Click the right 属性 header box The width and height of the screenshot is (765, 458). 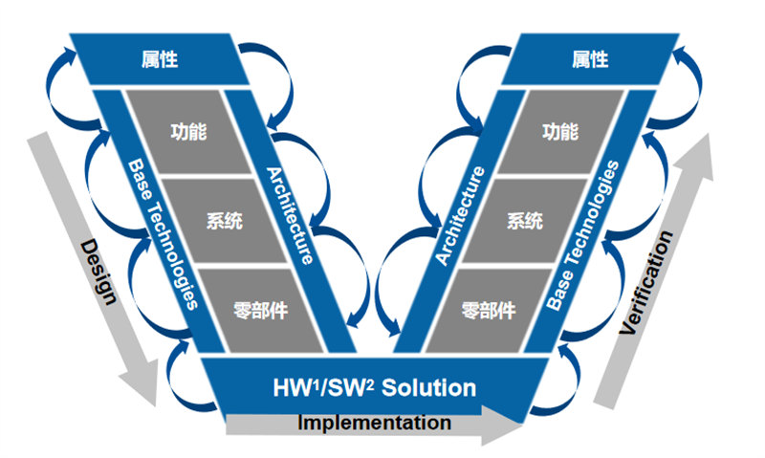tap(590, 60)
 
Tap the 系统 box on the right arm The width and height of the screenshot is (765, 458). tap(525, 222)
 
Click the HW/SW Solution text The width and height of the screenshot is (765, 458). tap(373, 387)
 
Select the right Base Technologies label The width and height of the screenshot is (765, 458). tap(584, 234)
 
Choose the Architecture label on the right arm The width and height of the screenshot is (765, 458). tap(460, 215)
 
